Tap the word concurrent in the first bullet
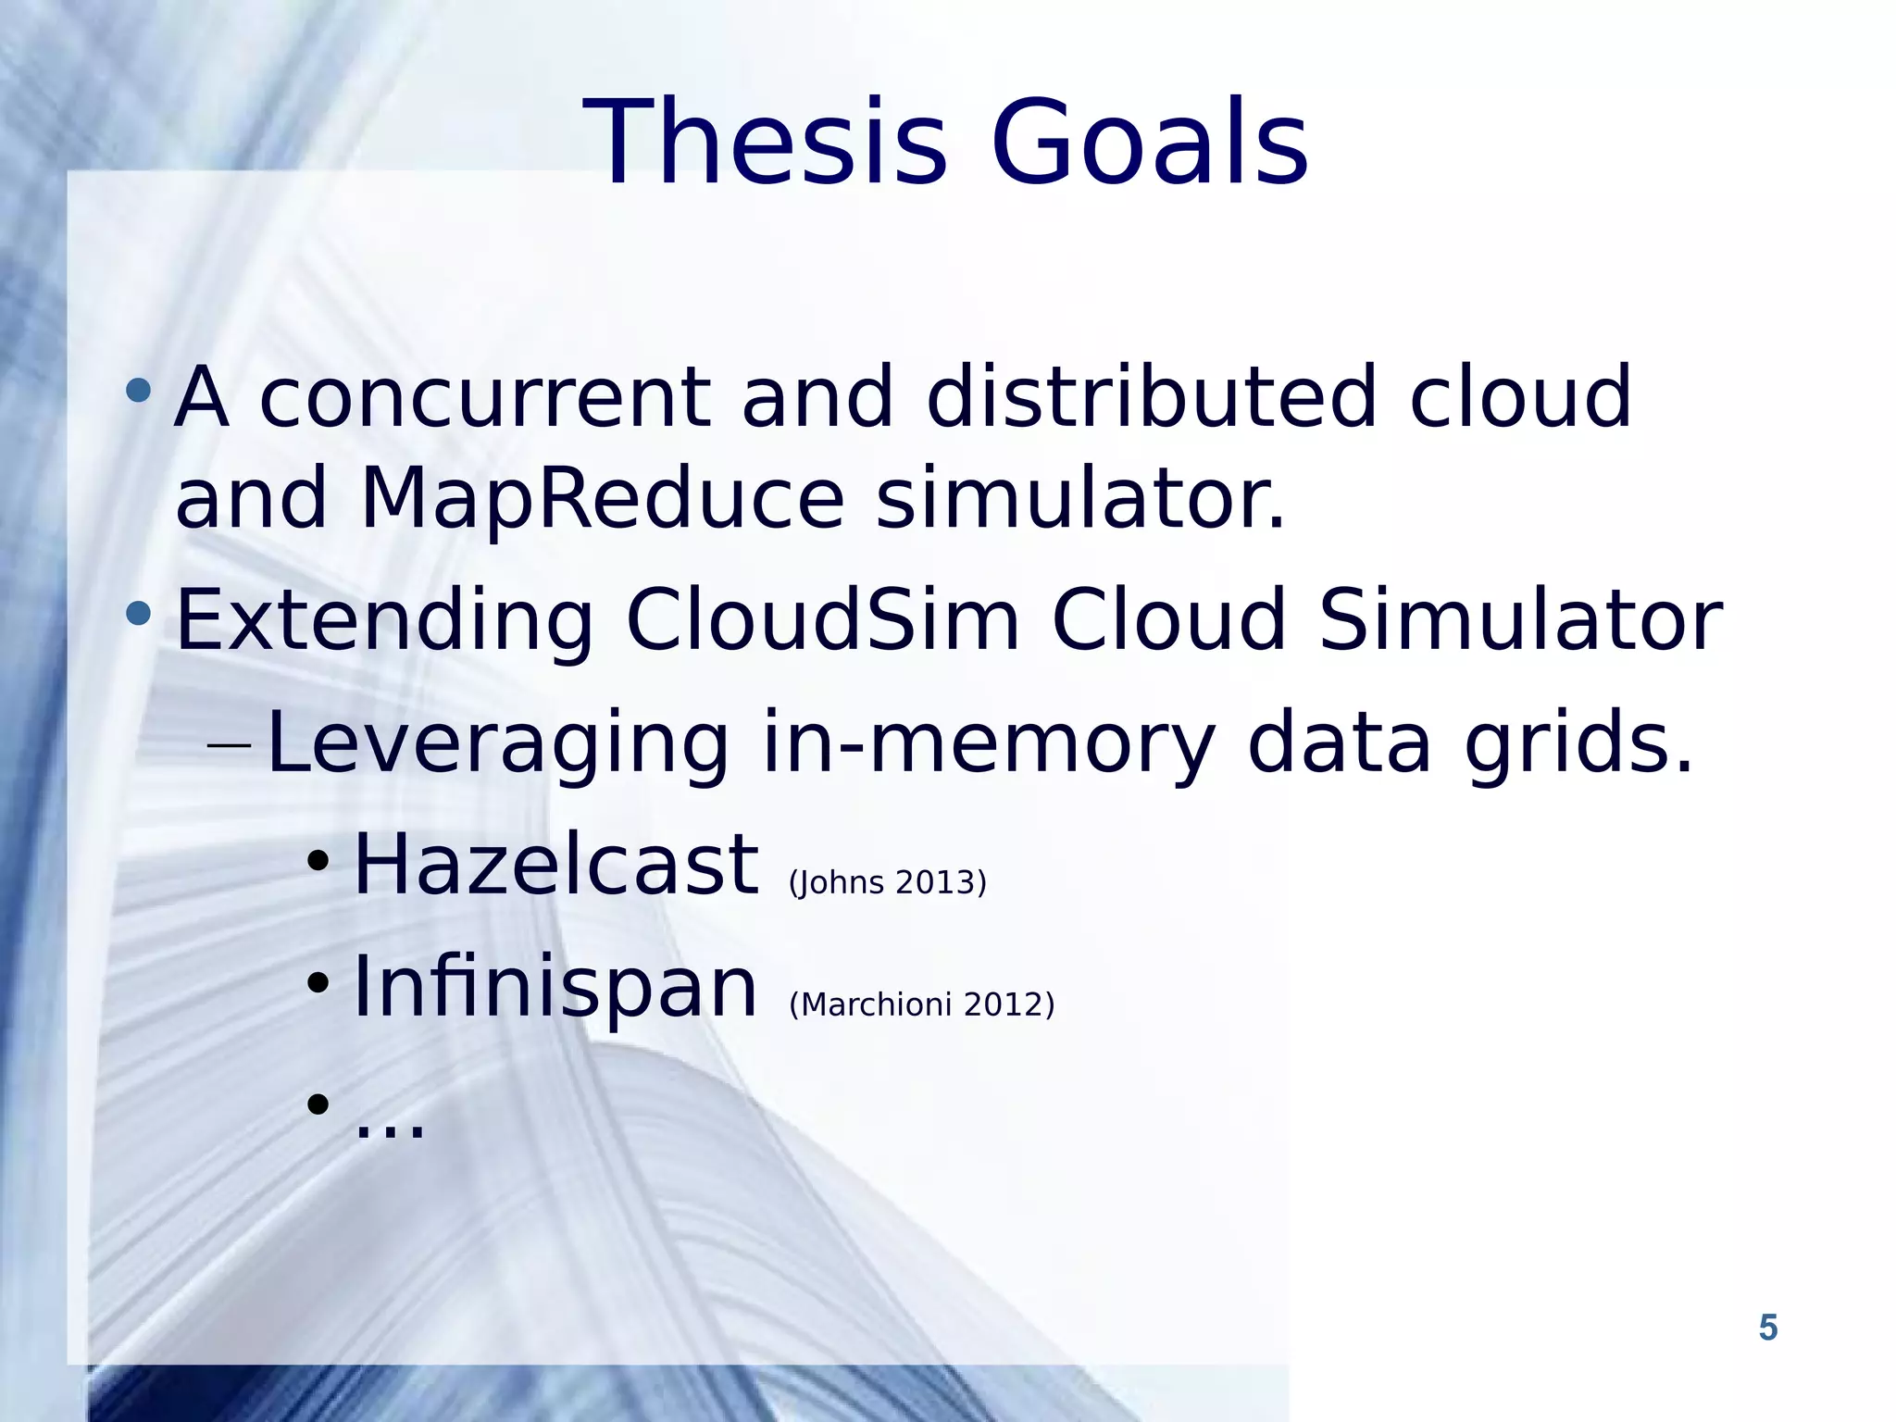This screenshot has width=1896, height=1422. pos(484,398)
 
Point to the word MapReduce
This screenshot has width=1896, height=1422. pos(601,500)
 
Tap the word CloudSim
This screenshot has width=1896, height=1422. pos(822,620)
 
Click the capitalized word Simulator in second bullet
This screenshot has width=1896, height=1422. pos(1519,620)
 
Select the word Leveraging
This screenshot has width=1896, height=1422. pos(497,744)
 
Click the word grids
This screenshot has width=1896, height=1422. pos(1578,742)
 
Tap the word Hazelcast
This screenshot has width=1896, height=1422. pos(555,865)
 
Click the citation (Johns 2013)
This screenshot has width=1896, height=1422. pos(887,882)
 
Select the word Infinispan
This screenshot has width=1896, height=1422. pos(555,989)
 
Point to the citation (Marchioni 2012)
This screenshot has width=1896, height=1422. pos(921,1004)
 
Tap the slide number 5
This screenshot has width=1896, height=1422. pos(1767,1328)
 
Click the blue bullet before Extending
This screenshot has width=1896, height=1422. pos(138,613)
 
